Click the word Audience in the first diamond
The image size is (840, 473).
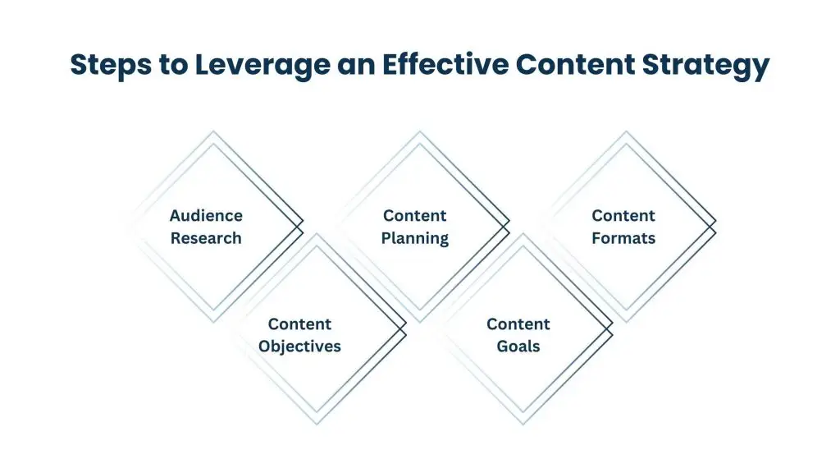tap(206, 216)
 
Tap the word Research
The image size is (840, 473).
tap(206, 238)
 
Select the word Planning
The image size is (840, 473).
tap(415, 238)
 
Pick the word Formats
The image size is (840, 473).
tap(623, 238)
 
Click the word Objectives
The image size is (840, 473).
tap(299, 346)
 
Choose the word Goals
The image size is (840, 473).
tap(518, 346)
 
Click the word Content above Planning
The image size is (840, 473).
tap(415, 216)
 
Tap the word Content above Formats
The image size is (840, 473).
tap(623, 216)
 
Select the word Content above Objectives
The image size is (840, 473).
tap(299, 324)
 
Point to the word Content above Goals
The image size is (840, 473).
tap(518, 324)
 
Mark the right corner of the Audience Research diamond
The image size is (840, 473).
tap(304, 222)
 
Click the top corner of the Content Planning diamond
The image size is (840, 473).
tap(419, 131)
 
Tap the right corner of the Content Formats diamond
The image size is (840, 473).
tap(716, 222)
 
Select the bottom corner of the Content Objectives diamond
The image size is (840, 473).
tap(317, 425)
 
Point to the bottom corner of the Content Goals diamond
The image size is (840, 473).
tap(523, 425)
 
